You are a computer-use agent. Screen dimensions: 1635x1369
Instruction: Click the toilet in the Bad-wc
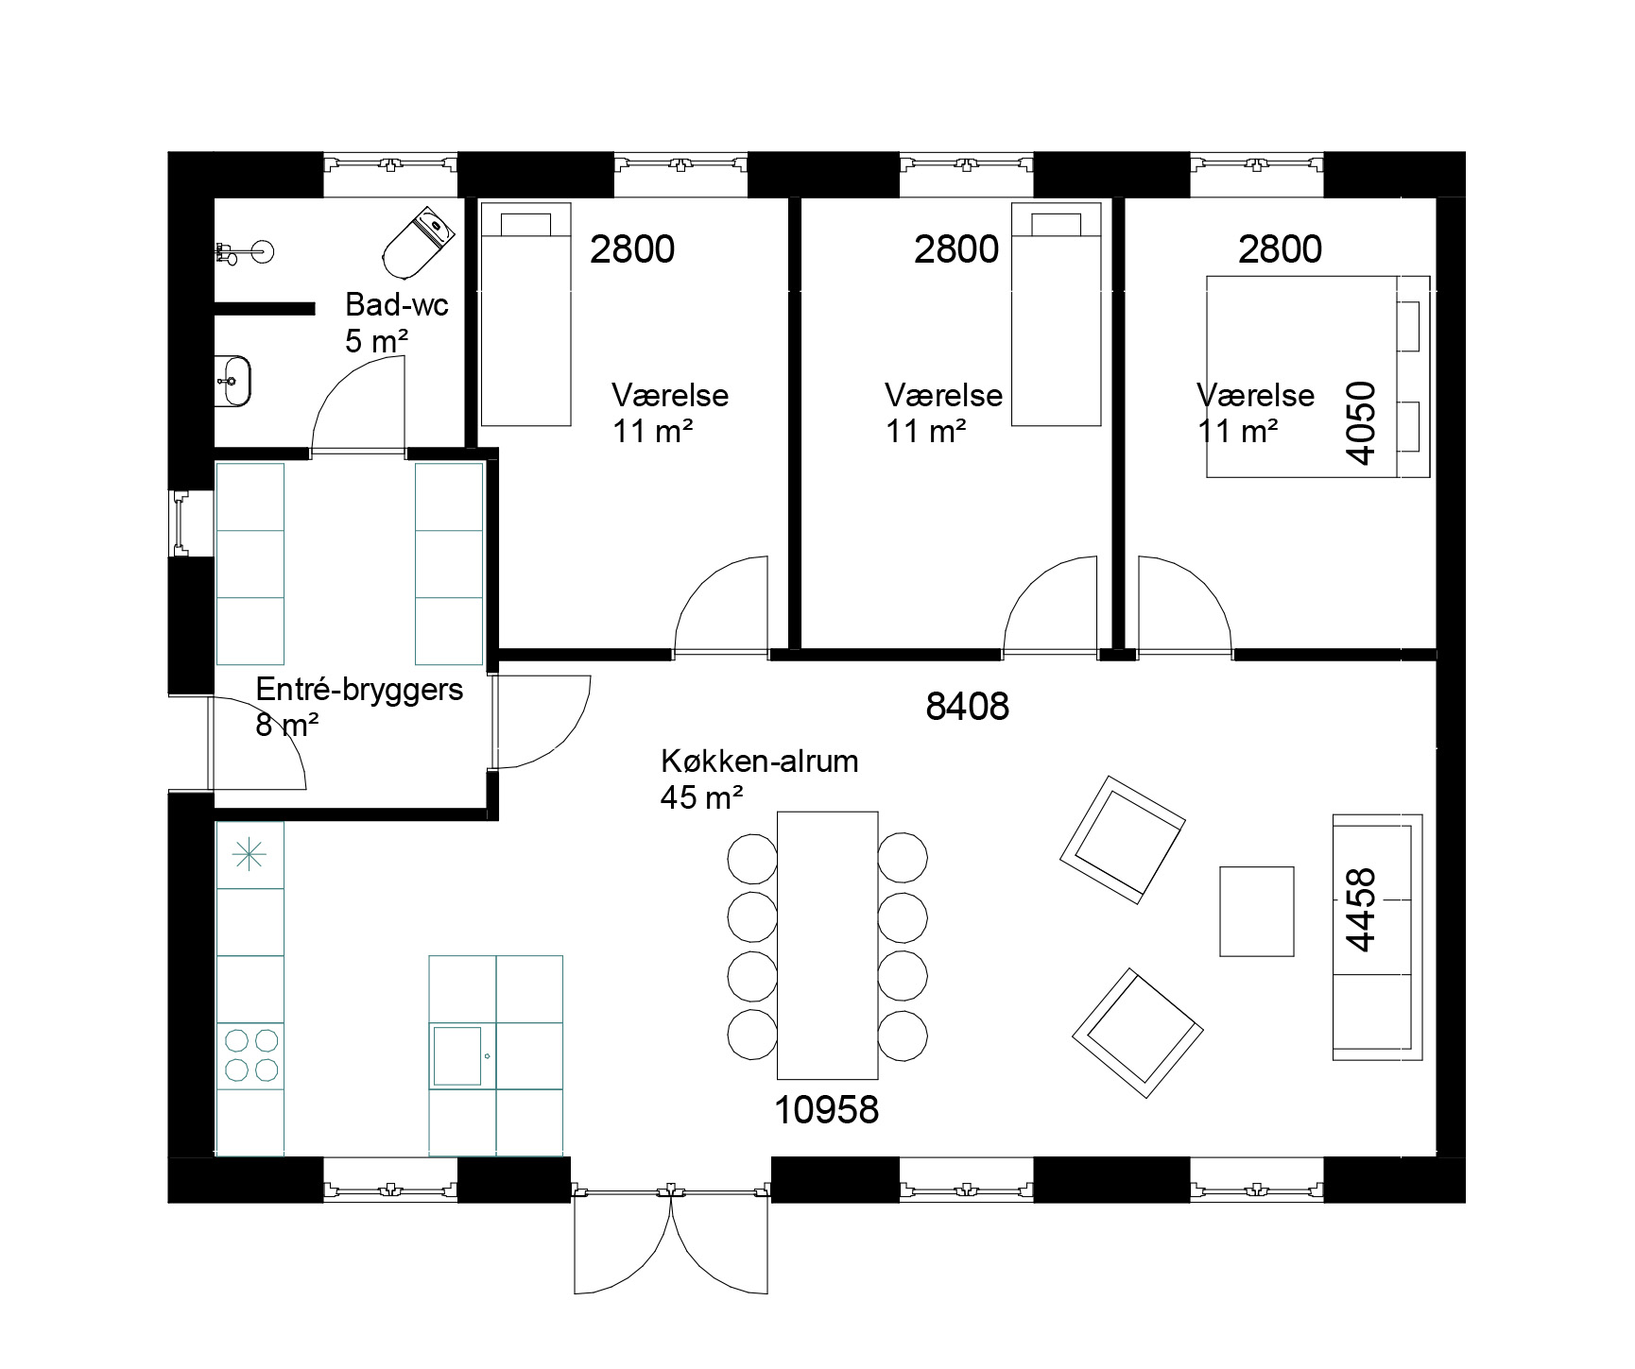pos(419,245)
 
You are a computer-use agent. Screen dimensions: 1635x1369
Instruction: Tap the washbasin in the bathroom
pos(232,380)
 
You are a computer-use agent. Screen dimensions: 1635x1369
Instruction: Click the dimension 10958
pos(827,1109)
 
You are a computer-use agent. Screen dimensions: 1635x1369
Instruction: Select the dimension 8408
pos(968,706)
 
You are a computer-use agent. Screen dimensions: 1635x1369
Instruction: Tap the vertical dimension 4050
pos(1361,422)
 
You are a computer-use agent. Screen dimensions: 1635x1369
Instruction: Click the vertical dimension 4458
pos(1361,910)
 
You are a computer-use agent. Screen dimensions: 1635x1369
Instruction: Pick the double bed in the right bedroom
pos(1318,377)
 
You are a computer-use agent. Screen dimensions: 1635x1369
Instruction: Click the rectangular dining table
pos(828,945)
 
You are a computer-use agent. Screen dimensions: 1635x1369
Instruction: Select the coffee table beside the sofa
pos(1256,912)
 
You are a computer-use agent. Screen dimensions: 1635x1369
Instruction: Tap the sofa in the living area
pos(1377,936)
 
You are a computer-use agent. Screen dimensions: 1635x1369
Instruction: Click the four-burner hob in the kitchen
pos(251,1055)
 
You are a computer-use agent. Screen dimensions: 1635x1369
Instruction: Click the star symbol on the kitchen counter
pos(250,855)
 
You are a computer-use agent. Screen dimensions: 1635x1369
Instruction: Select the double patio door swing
pos(670,1238)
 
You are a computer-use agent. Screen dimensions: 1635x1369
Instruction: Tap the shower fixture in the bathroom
pos(245,251)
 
